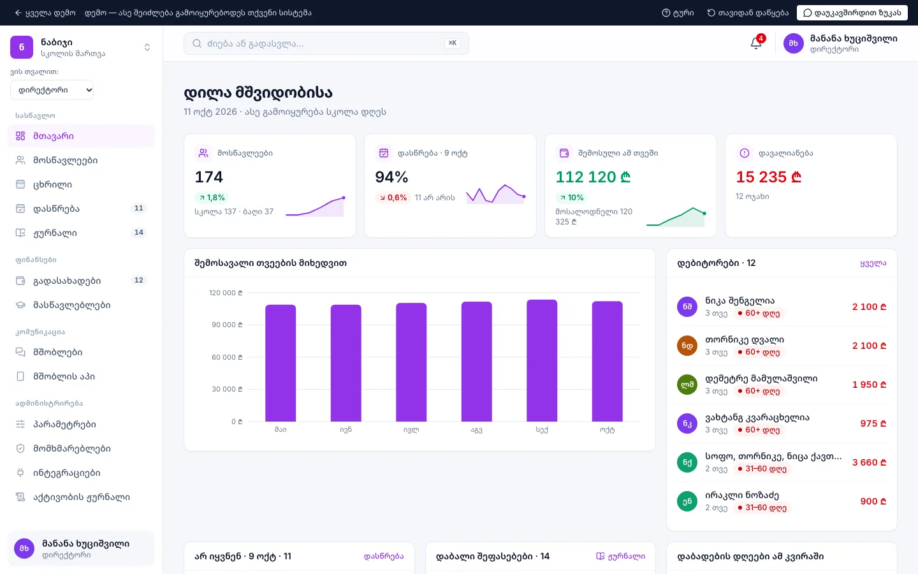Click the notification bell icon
(x=755, y=43)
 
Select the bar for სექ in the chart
(x=542, y=360)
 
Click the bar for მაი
(x=280, y=363)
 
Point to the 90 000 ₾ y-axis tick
(x=227, y=325)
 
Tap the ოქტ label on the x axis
(x=607, y=430)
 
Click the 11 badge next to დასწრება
(x=139, y=209)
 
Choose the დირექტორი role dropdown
(x=52, y=90)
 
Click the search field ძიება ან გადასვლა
(x=326, y=43)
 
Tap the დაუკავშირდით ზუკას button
(x=852, y=13)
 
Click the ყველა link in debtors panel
(x=873, y=263)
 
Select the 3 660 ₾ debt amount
(x=870, y=462)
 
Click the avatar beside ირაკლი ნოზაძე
(x=687, y=501)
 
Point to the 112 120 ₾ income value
(x=593, y=177)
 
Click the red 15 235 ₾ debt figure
(x=768, y=177)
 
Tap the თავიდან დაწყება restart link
(x=748, y=13)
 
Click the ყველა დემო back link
(x=45, y=13)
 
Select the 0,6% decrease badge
(x=393, y=198)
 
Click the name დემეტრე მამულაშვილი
(x=761, y=378)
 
